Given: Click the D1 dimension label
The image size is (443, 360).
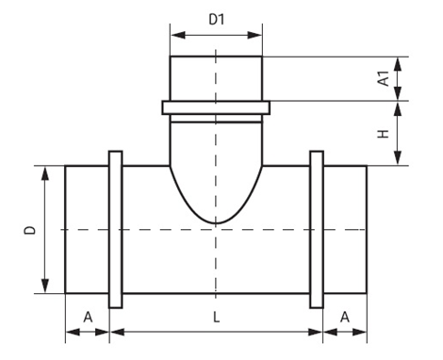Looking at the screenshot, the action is [217, 20].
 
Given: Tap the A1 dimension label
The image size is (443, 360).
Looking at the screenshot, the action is [384, 78].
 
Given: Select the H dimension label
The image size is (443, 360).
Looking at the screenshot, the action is [384, 134].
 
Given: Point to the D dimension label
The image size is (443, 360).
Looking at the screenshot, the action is [30, 230].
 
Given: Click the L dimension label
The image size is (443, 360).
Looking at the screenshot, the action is [216, 318].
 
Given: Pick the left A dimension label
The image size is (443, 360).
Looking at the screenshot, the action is [88, 318].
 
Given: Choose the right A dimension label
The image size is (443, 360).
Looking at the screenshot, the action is [345, 318].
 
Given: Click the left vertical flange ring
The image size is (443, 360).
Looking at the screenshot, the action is [115, 230].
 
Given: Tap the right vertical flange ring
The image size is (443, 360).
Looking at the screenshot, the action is [317, 230].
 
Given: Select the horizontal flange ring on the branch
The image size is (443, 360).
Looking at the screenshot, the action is [216, 107].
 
